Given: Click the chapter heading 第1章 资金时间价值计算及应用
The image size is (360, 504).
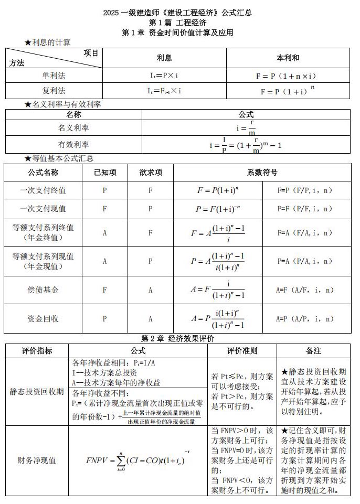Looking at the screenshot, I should [x=177, y=33].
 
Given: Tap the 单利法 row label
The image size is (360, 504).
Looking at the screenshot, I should [x=54, y=76].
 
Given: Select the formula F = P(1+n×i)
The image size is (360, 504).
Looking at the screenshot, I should [x=286, y=76].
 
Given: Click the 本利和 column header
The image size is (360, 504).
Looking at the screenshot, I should [x=287, y=58].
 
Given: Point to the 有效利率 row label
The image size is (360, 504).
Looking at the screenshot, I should [x=73, y=145].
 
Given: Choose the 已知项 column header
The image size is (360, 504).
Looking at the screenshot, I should [x=105, y=172].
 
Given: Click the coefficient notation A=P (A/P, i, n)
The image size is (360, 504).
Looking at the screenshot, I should [x=305, y=318].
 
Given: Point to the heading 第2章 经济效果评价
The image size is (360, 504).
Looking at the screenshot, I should [x=177, y=338].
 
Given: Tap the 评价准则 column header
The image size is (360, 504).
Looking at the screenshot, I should [x=242, y=350].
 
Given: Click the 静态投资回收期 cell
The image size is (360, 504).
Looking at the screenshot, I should [x=37, y=391].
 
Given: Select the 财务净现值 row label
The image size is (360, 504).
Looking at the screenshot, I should [x=37, y=460].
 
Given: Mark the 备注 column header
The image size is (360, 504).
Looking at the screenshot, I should [x=314, y=350].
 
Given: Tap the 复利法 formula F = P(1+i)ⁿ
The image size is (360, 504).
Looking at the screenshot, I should [x=286, y=91].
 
